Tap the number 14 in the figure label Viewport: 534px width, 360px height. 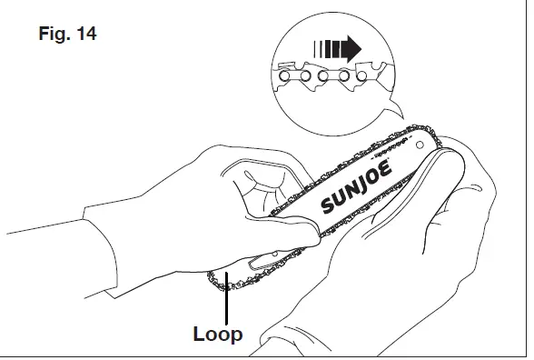[x=83, y=35]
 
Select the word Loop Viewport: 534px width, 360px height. [x=218, y=334]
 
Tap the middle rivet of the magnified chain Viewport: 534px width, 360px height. [x=327, y=77]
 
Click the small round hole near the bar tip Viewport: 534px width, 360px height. [x=420, y=144]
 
